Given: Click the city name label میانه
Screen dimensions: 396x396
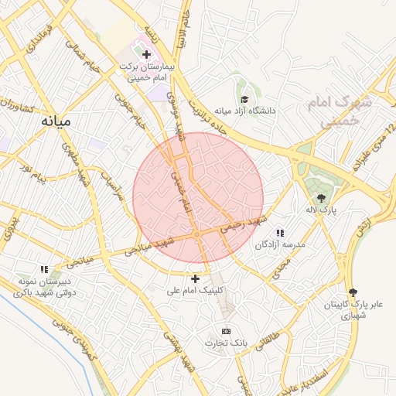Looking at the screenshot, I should coord(57,122).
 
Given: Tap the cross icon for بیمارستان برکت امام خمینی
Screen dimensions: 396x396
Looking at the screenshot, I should coord(147,54).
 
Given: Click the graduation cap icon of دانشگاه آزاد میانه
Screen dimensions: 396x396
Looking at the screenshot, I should coord(245,99).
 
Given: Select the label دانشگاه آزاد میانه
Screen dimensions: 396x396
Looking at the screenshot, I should coord(246,111).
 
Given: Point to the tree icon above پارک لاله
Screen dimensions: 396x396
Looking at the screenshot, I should coord(321,198).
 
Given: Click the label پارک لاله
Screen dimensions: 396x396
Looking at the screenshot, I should coord(321,210).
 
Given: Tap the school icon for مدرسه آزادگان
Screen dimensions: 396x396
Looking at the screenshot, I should coord(280,233).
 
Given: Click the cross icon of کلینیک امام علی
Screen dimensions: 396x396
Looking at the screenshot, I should coord(195,278).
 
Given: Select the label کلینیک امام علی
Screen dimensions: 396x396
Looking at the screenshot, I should coord(195,291).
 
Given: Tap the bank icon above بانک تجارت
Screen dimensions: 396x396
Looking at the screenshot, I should coord(226,330).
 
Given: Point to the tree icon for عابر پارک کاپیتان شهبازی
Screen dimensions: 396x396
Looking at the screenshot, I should coord(353,292).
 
